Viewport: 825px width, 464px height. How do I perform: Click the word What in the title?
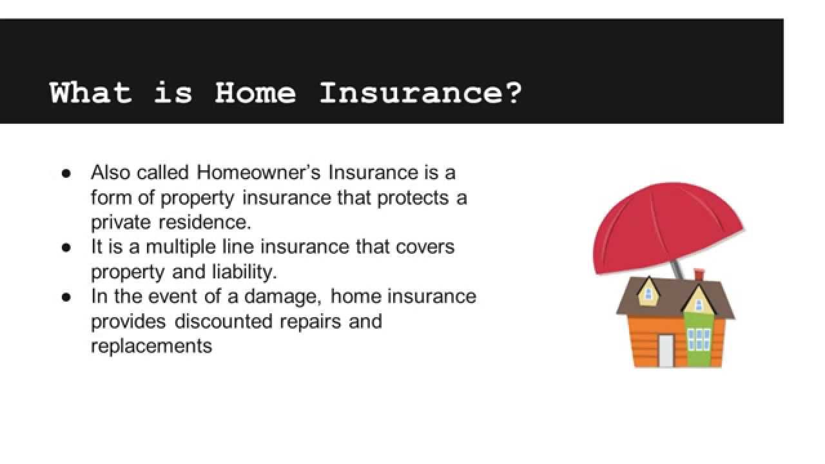[x=90, y=93]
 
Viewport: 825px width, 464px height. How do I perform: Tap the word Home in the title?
[x=255, y=93]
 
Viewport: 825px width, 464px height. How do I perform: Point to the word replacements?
[x=151, y=346]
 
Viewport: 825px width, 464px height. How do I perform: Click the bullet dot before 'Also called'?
[x=66, y=173]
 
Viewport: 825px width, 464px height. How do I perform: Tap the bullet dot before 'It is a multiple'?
[x=66, y=247]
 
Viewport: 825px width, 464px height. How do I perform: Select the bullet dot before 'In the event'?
[x=66, y=297]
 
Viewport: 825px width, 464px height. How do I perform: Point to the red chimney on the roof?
[x=699, y=275]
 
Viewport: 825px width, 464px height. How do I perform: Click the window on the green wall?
[x=699, y=338]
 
